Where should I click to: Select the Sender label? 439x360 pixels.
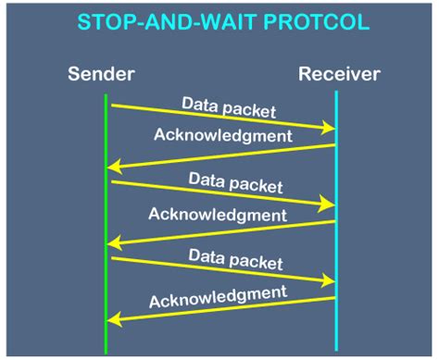[x=101, y=72]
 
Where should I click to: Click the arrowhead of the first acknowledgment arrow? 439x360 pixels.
[x=114, y=167]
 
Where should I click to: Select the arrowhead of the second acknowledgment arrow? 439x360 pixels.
[x=114, y=243]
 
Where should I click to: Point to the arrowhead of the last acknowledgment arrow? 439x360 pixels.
[x=114, y=319]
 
